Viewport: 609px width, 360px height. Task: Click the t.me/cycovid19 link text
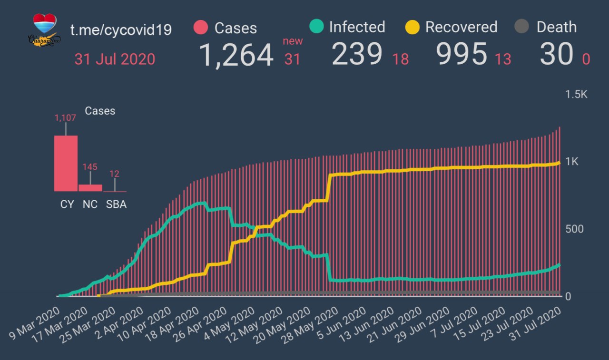[x=121, y=30]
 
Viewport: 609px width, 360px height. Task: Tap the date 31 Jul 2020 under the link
[x=115, y=59]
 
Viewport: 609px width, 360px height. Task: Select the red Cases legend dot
[x=201, y=28]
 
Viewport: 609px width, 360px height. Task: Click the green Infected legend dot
[x=316, y=27]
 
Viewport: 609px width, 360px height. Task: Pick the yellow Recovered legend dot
[x=412, y=27]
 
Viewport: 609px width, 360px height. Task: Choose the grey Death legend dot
[x=522, y=27]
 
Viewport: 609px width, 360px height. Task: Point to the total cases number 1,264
[x=236, y=55]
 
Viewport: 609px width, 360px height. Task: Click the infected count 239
[x=357, y=54]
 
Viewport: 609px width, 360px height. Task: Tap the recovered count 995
[x=462, y=54]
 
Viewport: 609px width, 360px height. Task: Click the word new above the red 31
[x=293, y=41]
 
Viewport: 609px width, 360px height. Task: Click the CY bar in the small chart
[x=66, y=163]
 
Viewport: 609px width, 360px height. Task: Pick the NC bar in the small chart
[x=90, y=187]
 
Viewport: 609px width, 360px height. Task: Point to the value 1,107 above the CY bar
[x=65, y=117]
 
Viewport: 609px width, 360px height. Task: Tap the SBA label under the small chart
[x=116, y=204]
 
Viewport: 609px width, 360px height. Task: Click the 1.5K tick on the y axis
[x=576, y=94]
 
